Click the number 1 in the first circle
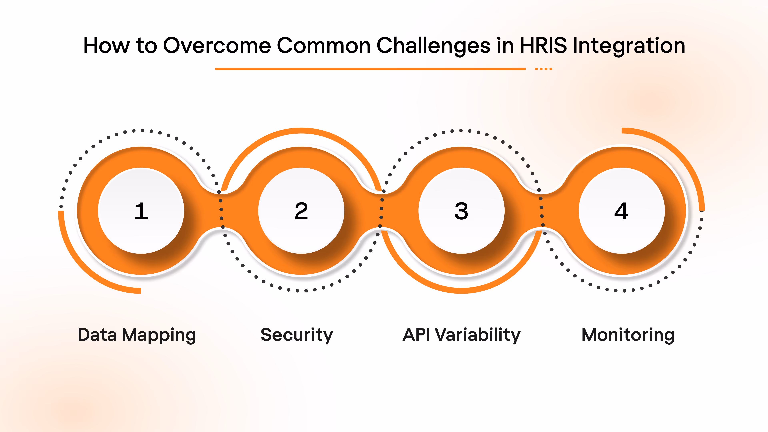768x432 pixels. tap(141, 211)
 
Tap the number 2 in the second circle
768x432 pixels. tap(301, 211)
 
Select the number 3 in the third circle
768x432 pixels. tap(461, 211)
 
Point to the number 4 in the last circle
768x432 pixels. tap(621, 211)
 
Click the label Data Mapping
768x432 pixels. tap(137, 335)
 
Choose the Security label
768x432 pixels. tap(297, 335)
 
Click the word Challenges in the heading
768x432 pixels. tap(433, 46)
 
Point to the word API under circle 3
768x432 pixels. tap(416, 335)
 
